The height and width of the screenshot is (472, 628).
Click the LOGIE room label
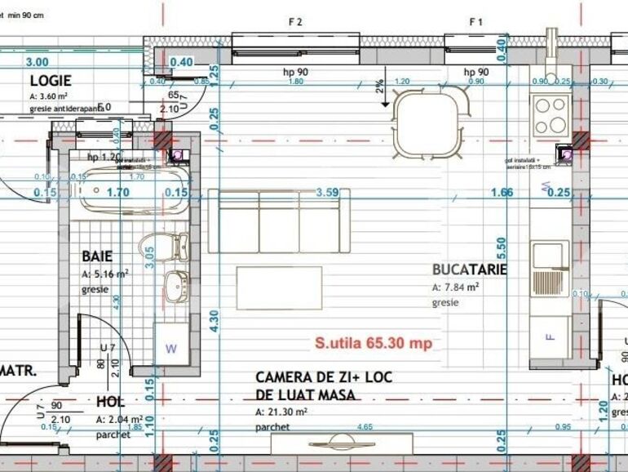coord(51,81)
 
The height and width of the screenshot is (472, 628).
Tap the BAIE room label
coord(97,256)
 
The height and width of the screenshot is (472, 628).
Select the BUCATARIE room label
coord(470,269)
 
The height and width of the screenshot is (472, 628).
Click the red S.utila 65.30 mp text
coord(374,343)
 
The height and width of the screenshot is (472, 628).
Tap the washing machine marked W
coord(171,347)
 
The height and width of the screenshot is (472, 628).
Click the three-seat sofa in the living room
coord(279,221)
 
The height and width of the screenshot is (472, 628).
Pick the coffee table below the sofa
coord(279,287)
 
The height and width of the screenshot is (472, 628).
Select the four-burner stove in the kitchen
coord(551,115)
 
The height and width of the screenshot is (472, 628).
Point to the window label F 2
coord(295,23)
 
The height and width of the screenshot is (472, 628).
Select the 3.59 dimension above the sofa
coord(326,193)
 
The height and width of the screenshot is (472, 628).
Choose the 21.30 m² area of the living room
coord(281,412)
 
